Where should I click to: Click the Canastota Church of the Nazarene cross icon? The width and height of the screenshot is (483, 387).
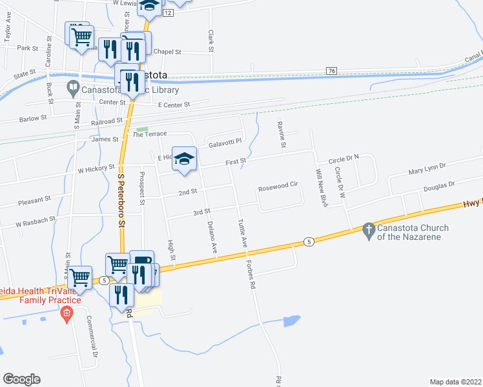click(x=369, y=230)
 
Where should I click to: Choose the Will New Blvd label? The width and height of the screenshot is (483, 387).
click(x=318, y=183)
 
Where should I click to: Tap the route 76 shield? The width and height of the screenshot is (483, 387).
click(x=332, y=70)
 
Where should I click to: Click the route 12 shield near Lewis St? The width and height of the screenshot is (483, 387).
click(x=169, y=13)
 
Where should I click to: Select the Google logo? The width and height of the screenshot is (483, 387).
click(x=21, y=379)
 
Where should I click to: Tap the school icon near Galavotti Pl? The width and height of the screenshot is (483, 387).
click(x=184, y=159)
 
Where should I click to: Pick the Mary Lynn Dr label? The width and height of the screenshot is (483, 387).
click(x=427, y=169)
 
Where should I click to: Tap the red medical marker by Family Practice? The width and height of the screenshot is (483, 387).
click(x=65, y=315)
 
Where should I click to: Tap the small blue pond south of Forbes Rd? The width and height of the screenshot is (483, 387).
click(x=291, y=321)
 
